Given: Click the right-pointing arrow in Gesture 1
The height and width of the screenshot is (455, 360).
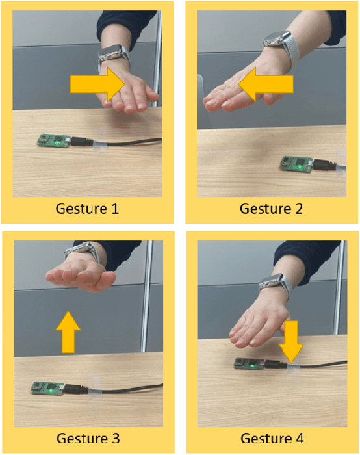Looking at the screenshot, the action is [97, 84].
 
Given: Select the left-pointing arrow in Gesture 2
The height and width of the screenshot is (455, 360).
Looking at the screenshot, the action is [265, 84].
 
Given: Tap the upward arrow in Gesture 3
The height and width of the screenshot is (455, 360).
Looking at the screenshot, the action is [68, 332].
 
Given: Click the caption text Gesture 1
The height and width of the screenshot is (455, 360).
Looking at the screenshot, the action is [87, 209].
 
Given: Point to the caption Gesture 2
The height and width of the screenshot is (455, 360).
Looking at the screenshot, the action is [271, 209].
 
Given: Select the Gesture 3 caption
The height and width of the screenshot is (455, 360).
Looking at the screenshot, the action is [88, 438].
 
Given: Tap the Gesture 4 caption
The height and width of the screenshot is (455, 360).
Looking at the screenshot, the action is [272, 438].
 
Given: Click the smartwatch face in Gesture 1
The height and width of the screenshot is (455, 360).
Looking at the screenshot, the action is [110, 53].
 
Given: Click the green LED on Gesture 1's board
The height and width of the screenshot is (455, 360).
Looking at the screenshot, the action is [58, 143].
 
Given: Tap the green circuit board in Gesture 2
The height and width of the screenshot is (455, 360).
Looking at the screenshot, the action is [296, 164].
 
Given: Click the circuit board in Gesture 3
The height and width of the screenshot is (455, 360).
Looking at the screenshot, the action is [47, 387].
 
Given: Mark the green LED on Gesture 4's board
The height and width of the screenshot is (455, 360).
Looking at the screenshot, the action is [252, 366].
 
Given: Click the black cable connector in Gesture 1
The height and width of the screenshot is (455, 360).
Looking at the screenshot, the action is [82, 141].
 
